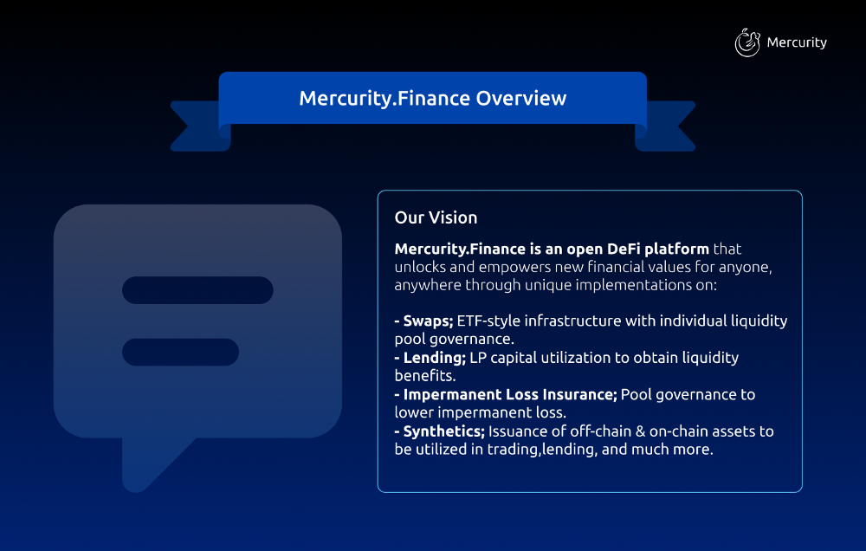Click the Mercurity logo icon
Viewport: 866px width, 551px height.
point(747,42)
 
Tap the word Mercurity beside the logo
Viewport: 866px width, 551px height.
point(797,42)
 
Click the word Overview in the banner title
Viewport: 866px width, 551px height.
point(520,99)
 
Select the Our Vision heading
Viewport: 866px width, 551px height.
point(436,217)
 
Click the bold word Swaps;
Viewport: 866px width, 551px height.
point(428,321)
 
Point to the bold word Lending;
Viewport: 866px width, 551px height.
point(435,358)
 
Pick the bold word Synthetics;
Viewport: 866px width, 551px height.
point(443,431)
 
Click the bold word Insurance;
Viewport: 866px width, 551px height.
point(579,394)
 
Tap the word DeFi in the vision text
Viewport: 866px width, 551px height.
point(624,249)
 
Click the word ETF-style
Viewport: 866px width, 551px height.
point(488,321)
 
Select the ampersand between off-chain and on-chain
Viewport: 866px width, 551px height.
point(640,431)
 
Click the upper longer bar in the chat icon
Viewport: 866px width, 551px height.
point(197,290)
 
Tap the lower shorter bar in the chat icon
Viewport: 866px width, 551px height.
point(181,352)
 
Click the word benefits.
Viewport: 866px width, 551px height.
point(424,376)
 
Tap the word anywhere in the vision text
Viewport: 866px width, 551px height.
point(428,286)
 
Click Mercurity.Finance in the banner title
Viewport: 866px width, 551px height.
point(385,99)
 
